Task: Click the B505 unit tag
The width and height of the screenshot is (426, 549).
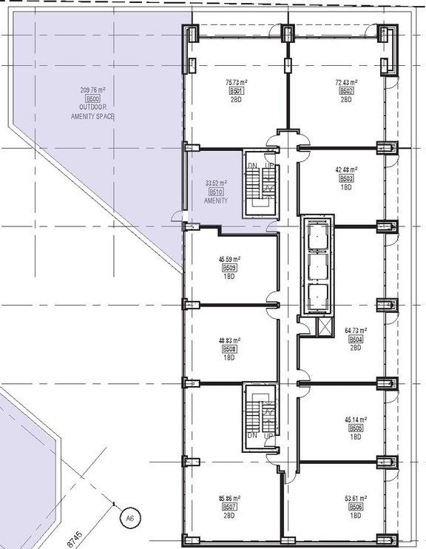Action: [356, 428]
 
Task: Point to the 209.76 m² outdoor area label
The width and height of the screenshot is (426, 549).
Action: [93, 90]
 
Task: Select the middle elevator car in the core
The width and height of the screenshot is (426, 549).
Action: [316, 264]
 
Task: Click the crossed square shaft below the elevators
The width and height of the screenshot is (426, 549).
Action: [324, 327]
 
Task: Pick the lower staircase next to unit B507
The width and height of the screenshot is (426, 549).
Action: [260, 417]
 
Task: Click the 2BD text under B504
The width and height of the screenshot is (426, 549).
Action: [356, 347]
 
